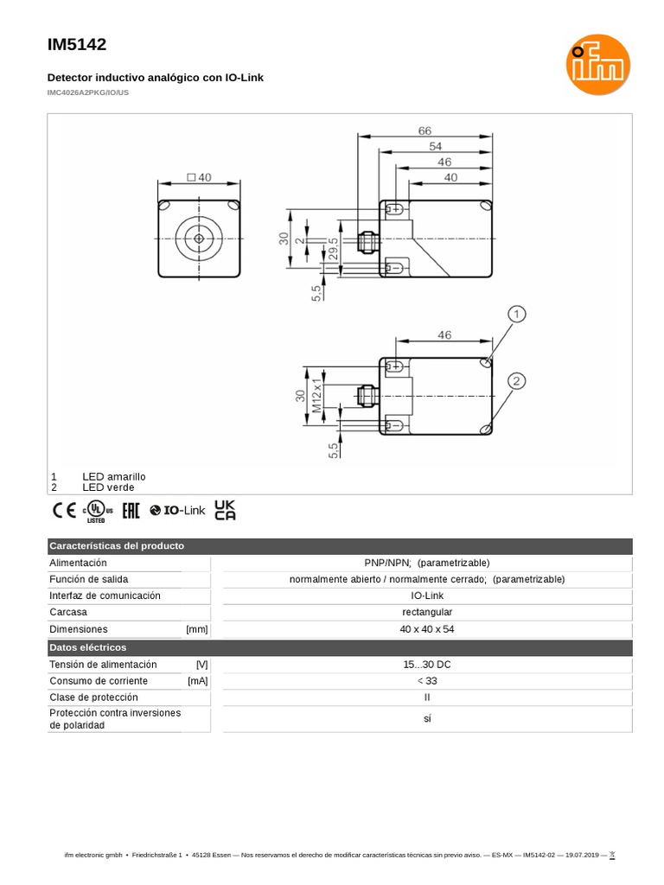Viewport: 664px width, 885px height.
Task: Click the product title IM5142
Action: click(x=77, y=45)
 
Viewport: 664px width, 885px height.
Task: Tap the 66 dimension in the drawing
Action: click(x=425, y=131)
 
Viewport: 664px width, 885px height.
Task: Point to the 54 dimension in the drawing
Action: click(x=436, y=146)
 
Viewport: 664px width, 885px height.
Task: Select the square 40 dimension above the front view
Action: click(x=199, y=177)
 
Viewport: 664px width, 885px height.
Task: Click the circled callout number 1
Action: click(x=517, y=315)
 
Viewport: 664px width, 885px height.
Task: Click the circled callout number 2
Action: click(x=517, y=381)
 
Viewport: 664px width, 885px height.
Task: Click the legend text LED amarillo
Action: click(x=114, y=476)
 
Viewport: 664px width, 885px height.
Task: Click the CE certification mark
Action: click(x=64, y=511)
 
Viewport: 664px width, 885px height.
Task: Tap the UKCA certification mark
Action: click(x=225, y=510)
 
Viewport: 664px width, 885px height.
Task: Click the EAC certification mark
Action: click(x=131, y=511)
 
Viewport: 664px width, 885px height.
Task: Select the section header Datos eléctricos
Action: click(x=88, y=647)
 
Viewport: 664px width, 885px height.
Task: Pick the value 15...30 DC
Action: click(x=426, y=665)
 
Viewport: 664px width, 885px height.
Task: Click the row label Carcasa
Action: click(x=69, y=613)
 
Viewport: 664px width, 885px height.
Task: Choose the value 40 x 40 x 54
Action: click(x=426, y=629)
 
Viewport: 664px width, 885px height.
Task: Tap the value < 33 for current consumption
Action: click(x=426, y=681)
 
